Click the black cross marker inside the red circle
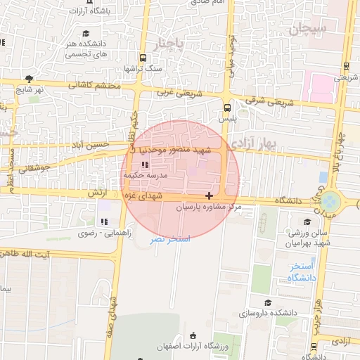tap(209, 195)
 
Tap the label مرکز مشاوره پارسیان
tap(208, 208)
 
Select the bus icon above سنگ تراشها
tap(143, 58)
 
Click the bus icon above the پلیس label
tap(226, 108)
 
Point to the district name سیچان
tap(308, 30)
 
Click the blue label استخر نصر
tap(169, 239)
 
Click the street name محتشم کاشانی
tap(96, 86)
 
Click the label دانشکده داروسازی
tap(270, 311)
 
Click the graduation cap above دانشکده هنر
tap(86, 33)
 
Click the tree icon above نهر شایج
tap(29, 79)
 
